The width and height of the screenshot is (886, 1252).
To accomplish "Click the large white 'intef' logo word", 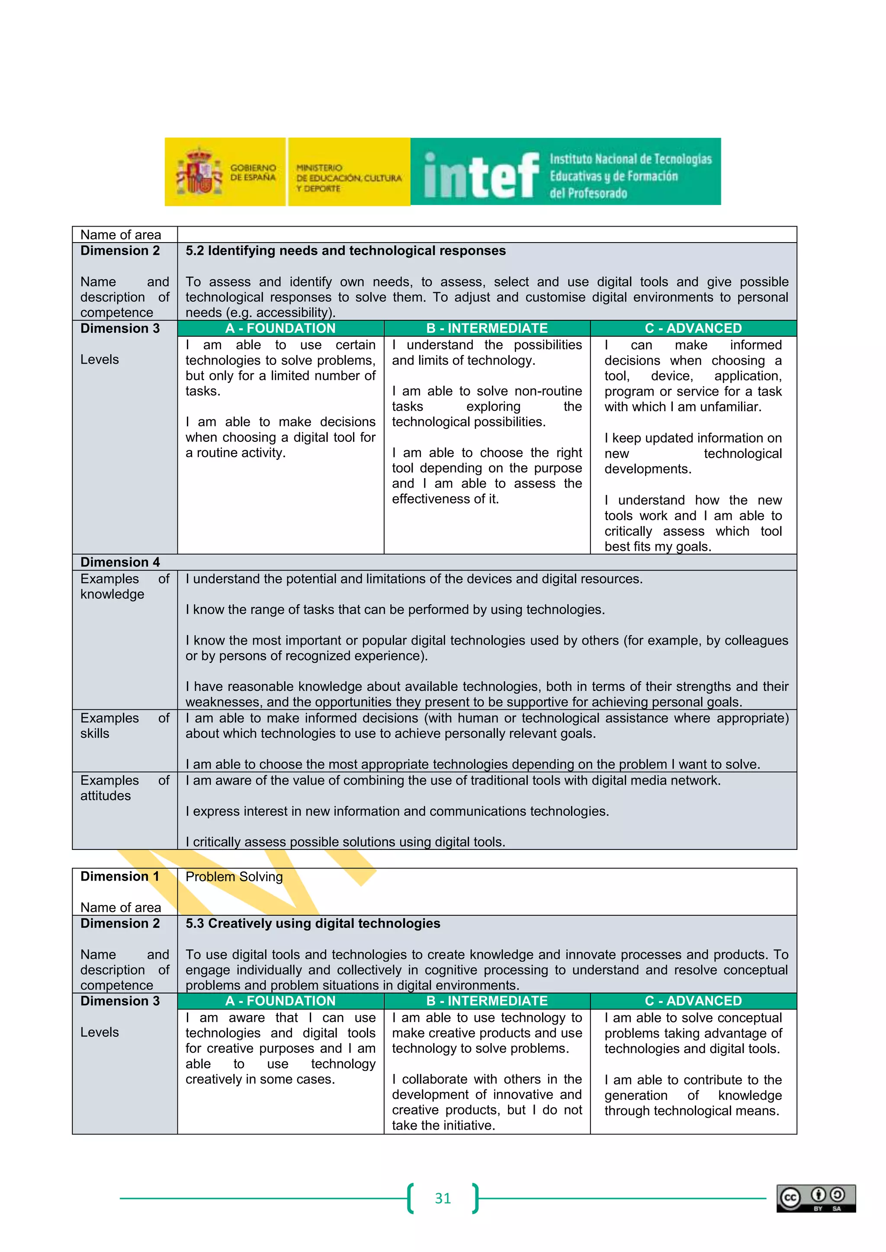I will (x=481, y=176).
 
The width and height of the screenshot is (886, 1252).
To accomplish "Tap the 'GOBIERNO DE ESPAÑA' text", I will (x=253, y=172).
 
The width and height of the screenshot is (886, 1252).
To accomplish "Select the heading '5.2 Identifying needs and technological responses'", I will (x=345, y=251).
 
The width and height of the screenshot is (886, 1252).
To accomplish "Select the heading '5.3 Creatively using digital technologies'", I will (x=313, y=923).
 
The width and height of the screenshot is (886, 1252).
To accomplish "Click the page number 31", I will (x=443, y=1198).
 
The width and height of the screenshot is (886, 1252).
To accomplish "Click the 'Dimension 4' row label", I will (x=120, y=562).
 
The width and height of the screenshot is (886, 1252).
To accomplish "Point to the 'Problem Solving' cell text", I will (x=234, y=876).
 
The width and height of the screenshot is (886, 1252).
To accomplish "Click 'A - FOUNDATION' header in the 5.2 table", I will (x=280, y=328).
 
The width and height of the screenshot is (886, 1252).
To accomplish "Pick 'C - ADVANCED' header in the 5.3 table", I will (x=693, y=1001).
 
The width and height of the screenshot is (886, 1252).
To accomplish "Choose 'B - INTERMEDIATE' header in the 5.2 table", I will (x=487, y=328).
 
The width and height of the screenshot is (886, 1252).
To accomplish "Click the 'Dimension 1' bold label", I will (x=120, y=876).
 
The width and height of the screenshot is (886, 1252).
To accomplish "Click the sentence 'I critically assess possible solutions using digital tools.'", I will (x=345, y=842).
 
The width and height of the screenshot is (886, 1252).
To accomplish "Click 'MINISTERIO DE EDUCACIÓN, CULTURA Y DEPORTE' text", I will (x=348, y=178).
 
